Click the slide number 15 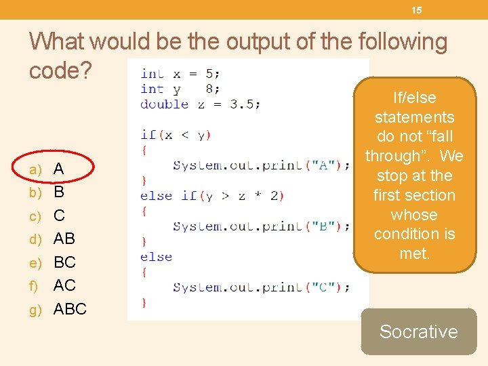(416, 10)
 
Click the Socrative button (418, 331)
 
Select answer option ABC (70, 309)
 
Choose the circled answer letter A (59, 169)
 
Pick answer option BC (64, 262)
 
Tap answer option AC (64, 285)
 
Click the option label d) (35, 239)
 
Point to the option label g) (35, 310)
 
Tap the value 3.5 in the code (245, 104)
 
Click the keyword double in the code (164, 104)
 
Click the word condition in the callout (414, 234)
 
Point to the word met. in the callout (414, 253)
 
